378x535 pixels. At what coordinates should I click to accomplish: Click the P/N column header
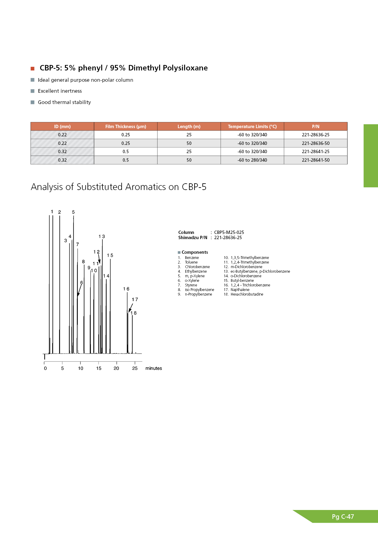[x=316, y=127]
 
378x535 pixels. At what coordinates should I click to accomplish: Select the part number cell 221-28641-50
[x=316, y=160]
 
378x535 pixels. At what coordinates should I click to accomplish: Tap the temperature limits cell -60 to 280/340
[x=252, y=160]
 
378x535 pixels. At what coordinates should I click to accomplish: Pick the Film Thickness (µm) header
[x=126, y=127]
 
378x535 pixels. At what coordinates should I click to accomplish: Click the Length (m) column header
[x=189, y=127]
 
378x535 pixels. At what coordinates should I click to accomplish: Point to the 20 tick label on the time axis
[x=116, y=368]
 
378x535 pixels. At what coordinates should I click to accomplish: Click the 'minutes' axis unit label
[x=154, y=368]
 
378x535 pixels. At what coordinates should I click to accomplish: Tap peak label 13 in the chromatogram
[x=102, y=236]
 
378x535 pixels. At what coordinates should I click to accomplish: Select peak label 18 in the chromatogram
[x=134, y=313]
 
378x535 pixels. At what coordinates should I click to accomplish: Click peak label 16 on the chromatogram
[x=126, y=289]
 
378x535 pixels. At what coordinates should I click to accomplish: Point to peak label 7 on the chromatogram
[x=77, y=244]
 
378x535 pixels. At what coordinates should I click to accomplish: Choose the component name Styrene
[x=191, y=285]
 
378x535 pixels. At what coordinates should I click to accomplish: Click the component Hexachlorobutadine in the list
[x=247, y=294]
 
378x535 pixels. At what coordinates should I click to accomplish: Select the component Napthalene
[x=240, y=290]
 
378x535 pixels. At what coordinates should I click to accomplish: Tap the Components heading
[x=195, y=252]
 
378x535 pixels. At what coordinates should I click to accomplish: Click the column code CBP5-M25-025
[x=229, y=232]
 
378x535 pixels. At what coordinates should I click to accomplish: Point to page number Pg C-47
[x=343, y=517]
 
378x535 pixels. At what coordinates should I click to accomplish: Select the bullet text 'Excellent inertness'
[x=60, y=91]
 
